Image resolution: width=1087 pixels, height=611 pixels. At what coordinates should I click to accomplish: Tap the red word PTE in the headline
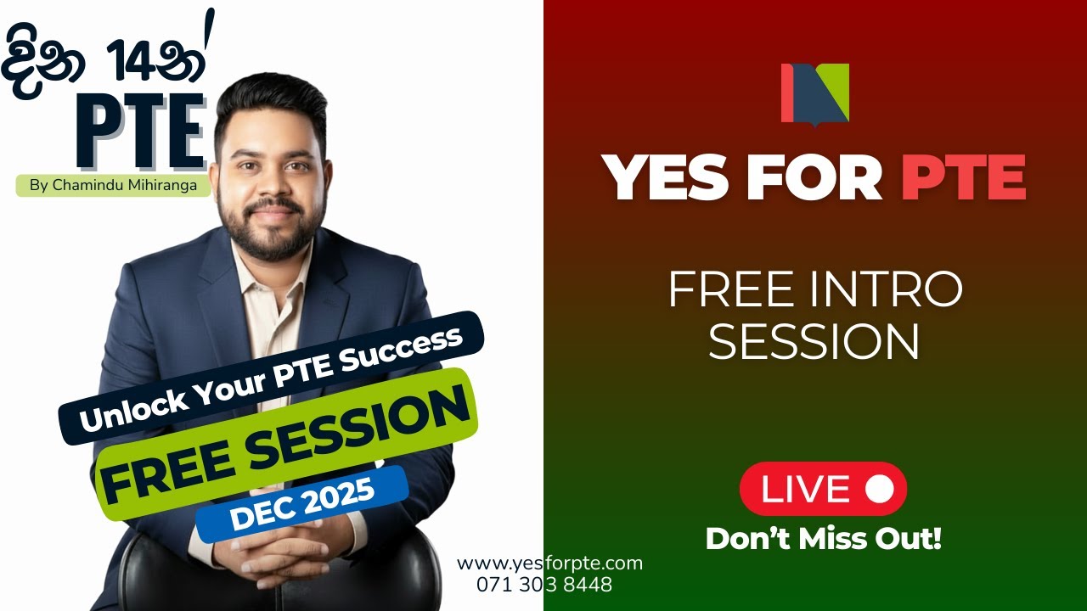click(962, 179)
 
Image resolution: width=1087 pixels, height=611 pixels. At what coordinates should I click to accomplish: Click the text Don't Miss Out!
click(823, 539)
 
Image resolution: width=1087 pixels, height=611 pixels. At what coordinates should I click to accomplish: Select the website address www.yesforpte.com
click(549, 563)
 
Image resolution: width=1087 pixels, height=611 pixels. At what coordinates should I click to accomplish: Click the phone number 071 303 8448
click(544, 585)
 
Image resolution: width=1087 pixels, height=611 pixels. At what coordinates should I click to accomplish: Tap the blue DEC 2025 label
click(302, 504)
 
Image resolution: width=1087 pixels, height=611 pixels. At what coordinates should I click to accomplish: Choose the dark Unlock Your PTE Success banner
click(271, 378)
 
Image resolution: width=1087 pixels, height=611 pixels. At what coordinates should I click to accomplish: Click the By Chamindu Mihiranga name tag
click(113, 186)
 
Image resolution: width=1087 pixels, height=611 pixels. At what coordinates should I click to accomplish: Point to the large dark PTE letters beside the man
click(141, 132)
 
